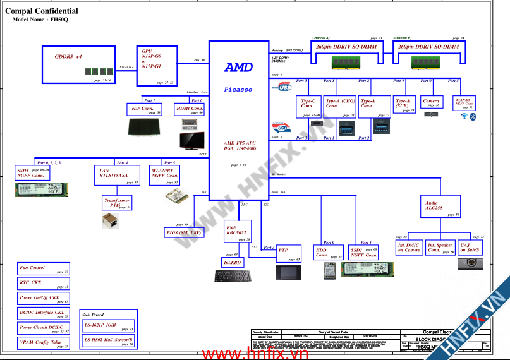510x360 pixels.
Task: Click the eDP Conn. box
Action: [x=145, y=110]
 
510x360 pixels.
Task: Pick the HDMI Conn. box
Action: [x=190, y=110]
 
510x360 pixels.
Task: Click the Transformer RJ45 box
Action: [x=116, y=203]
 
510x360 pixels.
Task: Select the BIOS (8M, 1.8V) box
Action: [x=184, y=233]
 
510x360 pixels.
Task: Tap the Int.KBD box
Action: [x=231, y=262]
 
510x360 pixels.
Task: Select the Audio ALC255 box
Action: [x=440, y=206]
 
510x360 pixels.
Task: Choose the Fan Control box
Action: [x=44, y=268]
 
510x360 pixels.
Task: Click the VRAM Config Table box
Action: [x=44, y=343]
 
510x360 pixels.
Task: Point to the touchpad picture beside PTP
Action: [x=289, y=272]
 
